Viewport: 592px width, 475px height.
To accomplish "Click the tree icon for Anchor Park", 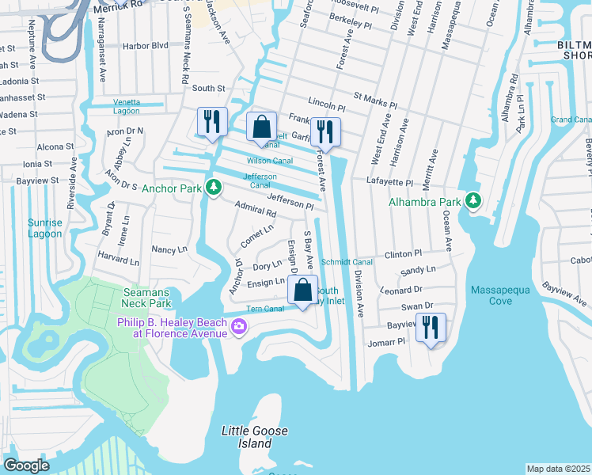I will pyautogui.click(x=212, y=188).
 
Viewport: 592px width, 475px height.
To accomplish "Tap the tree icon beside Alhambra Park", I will pyautogui.click(x=473, y=200).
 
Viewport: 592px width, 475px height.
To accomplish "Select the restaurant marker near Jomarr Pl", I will pyautogui.click(x=431, y=327).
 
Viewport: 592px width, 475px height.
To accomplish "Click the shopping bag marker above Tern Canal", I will pyautogui.click(x=302, y=290).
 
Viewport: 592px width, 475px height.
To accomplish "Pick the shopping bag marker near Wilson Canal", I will pyautogui.click(x=261, y=127).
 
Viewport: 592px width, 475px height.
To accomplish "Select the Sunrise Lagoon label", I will pyautogui.click(x=44, y=228).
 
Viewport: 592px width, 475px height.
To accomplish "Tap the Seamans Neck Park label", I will pyautogui.click(x=147, y=298).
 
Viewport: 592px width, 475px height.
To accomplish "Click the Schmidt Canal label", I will pyautogui.click(x=346, y=261).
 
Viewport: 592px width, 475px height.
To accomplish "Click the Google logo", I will pyautogui.click(x=27, y=465).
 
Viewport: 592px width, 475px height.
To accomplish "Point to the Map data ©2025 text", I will pyautogui.click(x=557, y=469).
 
